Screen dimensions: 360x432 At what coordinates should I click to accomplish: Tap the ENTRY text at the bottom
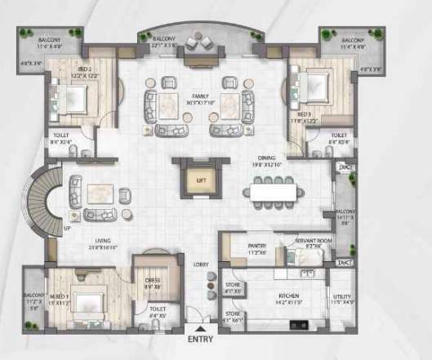tap(202, 340)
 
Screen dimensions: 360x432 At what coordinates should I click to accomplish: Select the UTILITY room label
tap(341, 297)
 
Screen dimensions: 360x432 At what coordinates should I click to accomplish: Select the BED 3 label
tap(304, 114)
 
